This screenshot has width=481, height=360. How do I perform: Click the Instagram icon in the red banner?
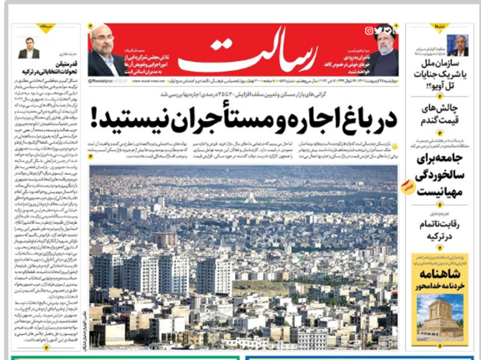pos(369,31)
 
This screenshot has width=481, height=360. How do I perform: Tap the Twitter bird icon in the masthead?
pos(378,31)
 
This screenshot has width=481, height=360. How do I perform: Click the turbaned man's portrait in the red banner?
pos(385,54)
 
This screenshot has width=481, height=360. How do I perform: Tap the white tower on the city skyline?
pos(251,198)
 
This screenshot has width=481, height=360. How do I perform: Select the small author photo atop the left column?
pos(28,47)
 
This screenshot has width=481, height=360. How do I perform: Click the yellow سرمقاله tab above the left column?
pos(45,27)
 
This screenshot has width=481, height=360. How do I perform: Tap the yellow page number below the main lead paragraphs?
pos(90,156)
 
